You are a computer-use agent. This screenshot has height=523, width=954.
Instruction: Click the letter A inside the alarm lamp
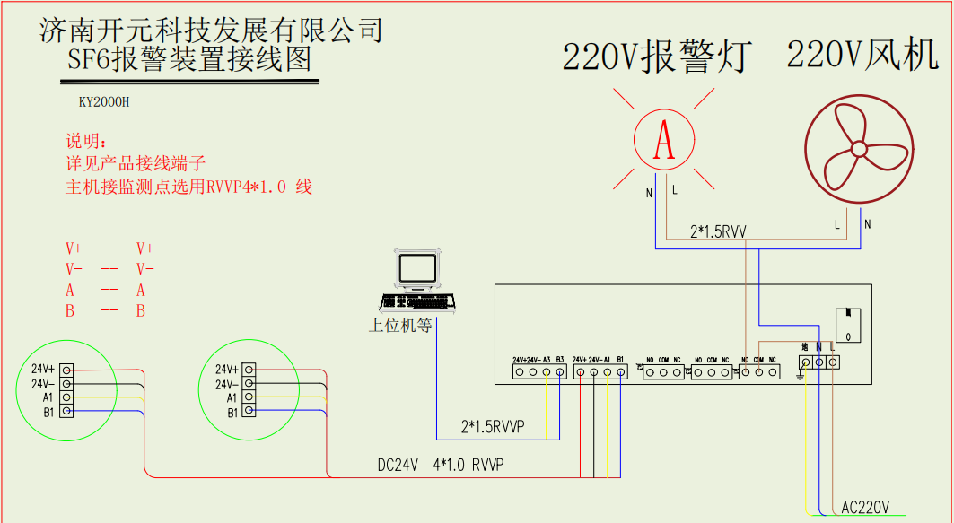(663, 140)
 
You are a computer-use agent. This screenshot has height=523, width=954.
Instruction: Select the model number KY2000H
(104, 102)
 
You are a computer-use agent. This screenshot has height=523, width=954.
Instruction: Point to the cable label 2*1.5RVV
(717, 231)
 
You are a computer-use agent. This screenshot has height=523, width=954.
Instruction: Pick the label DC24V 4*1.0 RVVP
(441, 466)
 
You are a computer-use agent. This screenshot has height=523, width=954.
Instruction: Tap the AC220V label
(865, 508)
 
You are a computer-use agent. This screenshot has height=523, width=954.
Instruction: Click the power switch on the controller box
(848, 324)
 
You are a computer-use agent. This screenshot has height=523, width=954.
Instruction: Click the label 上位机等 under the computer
(400, 325)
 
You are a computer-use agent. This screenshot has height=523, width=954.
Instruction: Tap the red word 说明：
(86, 143)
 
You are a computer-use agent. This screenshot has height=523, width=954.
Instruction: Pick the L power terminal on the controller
(834, 362)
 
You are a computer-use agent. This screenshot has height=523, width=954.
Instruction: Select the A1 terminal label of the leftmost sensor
(48, 397)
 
